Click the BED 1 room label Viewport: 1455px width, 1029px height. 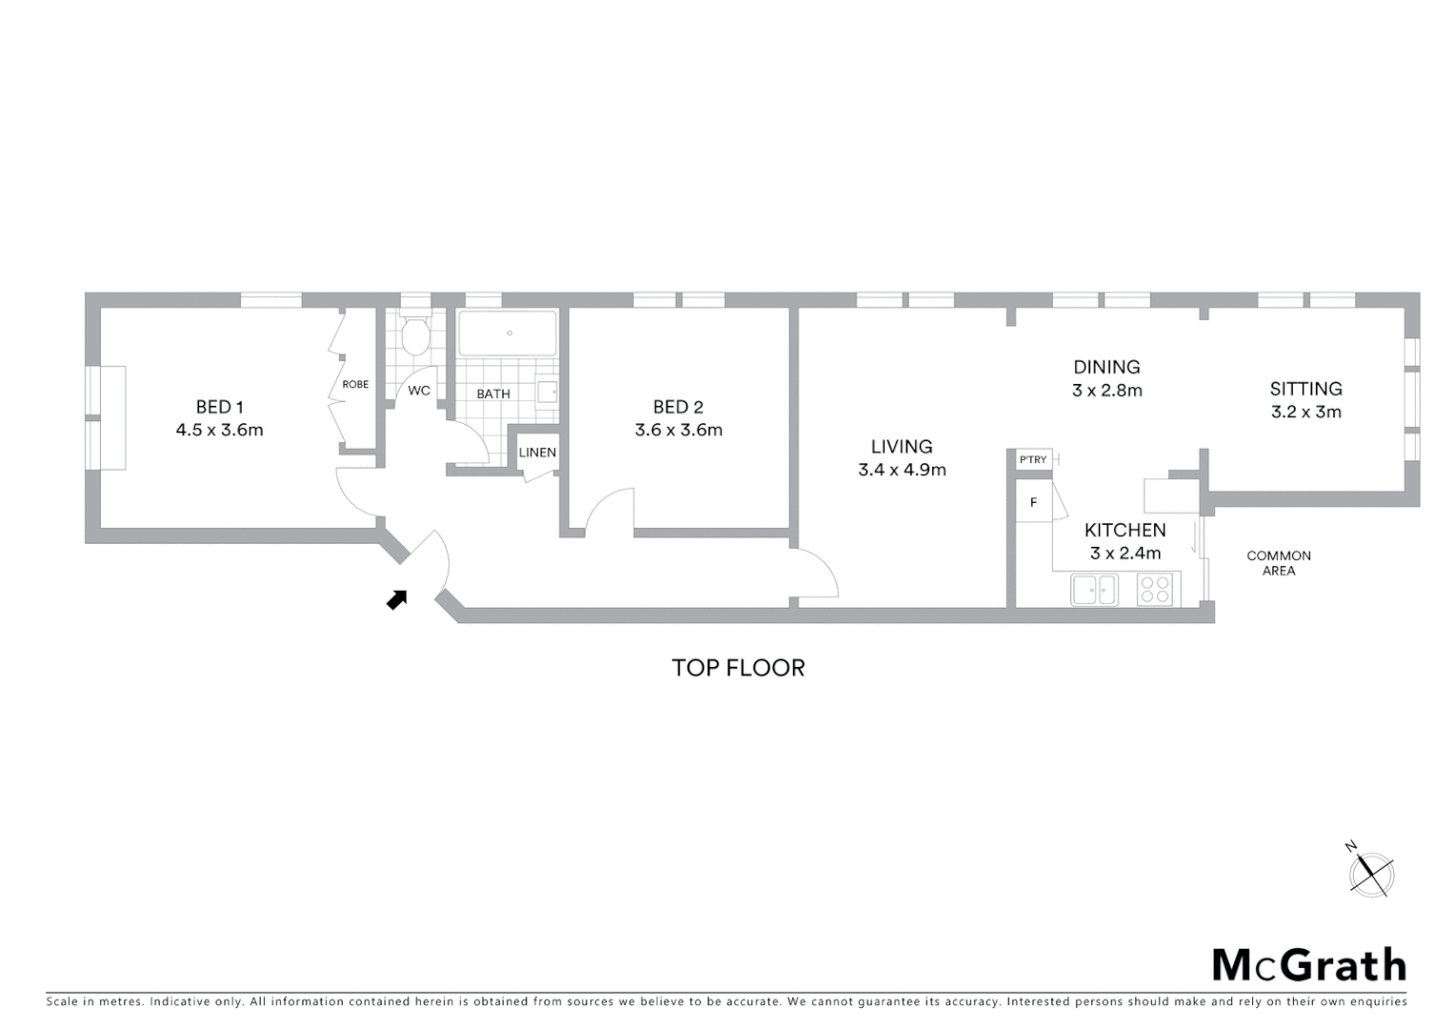tap(219, 407)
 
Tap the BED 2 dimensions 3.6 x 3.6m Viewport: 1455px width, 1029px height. tap(678, 431)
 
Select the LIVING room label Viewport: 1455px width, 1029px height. tap(901, 447)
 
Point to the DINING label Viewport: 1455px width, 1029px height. tap(1106, 367)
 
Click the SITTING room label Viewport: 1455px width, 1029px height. tap(1306, 389)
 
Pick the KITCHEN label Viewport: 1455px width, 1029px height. tap(1125, 531)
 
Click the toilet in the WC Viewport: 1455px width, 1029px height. tap(414, 337)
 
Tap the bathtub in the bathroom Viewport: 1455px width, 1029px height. tap(508, 333)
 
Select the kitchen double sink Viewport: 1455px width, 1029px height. tap(1094, 590)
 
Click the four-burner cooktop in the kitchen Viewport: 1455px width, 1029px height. tap(1156, 590)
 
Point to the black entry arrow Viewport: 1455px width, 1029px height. tap(397, 599)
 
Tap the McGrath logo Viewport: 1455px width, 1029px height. tap(1308, 965)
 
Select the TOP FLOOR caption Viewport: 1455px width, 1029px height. tap(738, 668)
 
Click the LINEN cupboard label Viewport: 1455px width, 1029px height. tap(537, 453)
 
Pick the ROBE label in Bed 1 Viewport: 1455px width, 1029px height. tap(355, 385)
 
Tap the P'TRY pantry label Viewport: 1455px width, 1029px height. tap(1032, 460)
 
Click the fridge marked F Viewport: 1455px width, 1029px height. tap(1033, 502)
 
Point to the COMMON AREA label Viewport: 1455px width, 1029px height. tap(1278, 563)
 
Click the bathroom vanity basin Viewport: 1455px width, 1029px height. tap(547, 392)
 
